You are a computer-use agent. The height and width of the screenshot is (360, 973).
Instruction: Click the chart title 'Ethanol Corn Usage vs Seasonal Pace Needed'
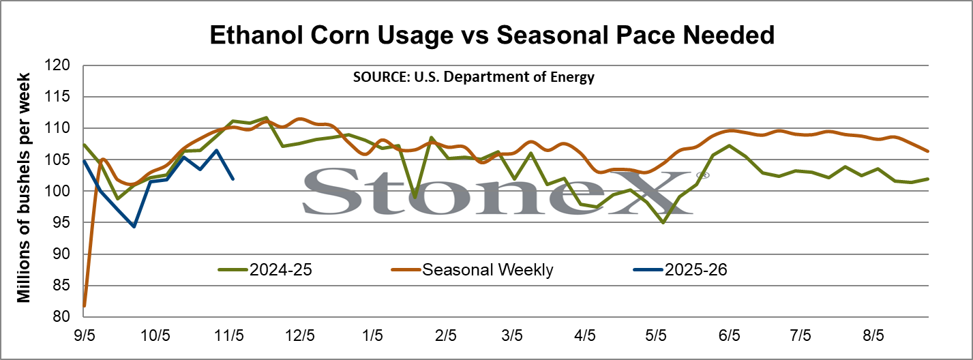(492, 35)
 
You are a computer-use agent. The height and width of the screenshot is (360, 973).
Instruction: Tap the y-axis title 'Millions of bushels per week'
(23, 187)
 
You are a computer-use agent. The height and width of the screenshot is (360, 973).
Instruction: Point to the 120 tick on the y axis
(57, 65)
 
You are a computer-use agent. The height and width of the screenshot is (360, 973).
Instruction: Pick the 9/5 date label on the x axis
(85, 335)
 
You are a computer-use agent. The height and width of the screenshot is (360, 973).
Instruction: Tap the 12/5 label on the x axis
(300, 335)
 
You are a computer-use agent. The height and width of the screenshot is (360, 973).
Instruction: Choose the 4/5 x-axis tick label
(584, 335)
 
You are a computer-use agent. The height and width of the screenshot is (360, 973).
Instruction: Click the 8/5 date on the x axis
(873, 335)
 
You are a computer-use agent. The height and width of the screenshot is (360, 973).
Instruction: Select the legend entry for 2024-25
(265, 270)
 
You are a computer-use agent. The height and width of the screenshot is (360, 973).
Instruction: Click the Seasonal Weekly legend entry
(472, 270)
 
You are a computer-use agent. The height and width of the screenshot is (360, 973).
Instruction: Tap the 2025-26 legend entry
(680, 270)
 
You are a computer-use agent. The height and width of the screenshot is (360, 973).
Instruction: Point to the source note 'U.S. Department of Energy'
(505, 77)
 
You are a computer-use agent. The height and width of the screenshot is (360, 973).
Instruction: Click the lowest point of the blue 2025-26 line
(134, 226)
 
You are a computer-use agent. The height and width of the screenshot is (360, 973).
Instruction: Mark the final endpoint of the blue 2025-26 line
(233, 179)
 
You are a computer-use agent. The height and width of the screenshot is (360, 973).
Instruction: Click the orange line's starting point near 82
(85, 305)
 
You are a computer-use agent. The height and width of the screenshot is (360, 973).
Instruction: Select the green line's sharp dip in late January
(415, 197)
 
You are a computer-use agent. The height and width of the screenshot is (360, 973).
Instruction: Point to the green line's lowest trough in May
(663, 223)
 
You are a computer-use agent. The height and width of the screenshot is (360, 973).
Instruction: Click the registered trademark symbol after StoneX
(703, 175)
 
